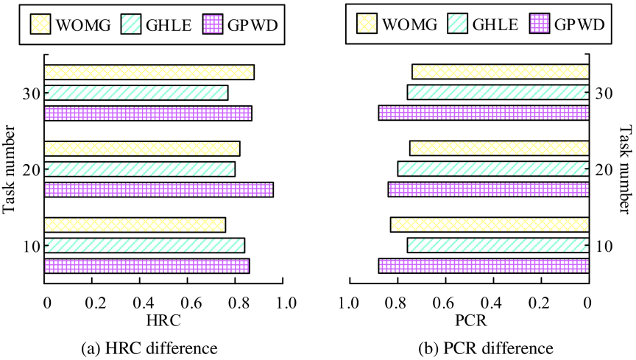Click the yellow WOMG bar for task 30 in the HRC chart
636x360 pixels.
(149, 72)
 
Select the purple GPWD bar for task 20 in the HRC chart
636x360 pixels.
(158, 189)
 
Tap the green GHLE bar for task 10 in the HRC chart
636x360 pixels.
(144, 246)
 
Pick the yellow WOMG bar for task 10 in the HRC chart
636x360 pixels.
(135, 225)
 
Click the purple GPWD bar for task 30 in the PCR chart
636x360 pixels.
(484, 113)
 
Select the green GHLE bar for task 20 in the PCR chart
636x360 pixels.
(493, 169)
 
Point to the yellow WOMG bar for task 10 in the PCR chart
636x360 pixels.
(490, 225)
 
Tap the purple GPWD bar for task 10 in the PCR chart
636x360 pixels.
(484, 266)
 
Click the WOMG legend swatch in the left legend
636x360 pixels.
(40, 24)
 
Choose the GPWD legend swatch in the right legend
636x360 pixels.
(540, 24)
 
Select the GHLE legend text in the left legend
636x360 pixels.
(169, 25)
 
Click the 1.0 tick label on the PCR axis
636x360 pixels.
(350, 303)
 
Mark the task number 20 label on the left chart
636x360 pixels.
(31, 170)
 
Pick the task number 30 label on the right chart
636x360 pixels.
(604, 93)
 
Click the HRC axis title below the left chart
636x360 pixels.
(163, 321)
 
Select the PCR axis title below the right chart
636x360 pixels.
(470, 321)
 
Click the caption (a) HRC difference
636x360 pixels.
(149, 348)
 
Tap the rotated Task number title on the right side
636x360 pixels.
(626, 169)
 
